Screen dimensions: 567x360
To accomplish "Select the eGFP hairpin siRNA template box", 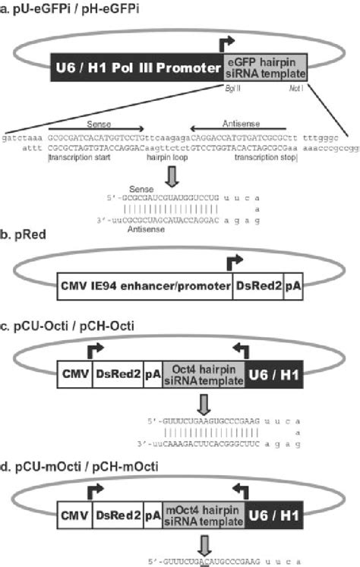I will (x=264, y=69).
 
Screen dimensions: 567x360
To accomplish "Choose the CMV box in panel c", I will (x=74, y=374).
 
